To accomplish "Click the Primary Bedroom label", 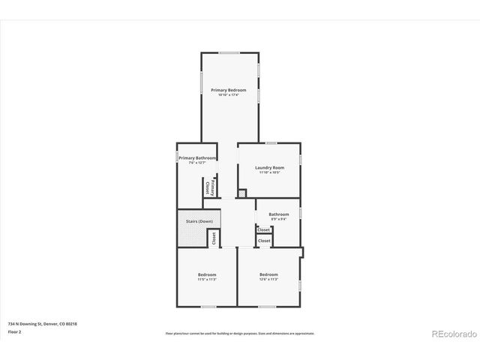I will pyautogui.click(x=228, y=90).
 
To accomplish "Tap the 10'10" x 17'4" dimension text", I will pyautogui.click(x=228, y=95).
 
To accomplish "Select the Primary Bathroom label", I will pyautogui.click(x=197, y=158).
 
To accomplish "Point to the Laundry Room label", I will pyautogui.click(x=269, y=167).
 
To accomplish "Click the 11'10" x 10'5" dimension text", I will pyautogui.click(x=269, y=172).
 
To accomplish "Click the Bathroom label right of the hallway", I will pyautogui.click(x=279, y=214).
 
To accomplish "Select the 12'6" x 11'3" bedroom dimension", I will pyautogui.click(x=268, y=280).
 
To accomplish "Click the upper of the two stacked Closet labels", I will pyautogui.click(x=264, y=229).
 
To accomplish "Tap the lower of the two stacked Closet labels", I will pyautogui.click(x=264, y=241).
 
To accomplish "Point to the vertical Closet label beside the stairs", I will pyautogui.click(x=213, y=238).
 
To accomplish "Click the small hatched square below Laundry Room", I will pyautogui.click(x=242, y=193).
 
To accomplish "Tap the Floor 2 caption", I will pyautogui.click(x=15, y=331).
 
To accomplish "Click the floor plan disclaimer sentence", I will pyautogui.click(x=240, y=333).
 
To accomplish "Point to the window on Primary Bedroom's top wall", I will pyautogui.click(x=229, y=52).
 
